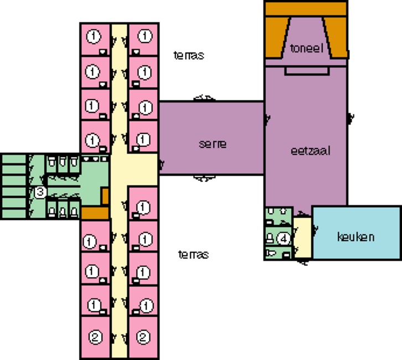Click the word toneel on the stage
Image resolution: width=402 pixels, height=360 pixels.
(306, 49)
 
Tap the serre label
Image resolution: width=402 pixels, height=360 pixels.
(213, 144)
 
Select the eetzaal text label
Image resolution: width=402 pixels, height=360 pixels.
(310, 151)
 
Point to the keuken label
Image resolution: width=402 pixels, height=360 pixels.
(355, 237)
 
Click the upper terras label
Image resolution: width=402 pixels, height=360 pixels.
(189, 55)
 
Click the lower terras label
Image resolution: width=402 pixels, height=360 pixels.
(193, 254)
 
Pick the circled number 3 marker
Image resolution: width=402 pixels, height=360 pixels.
(40, 192)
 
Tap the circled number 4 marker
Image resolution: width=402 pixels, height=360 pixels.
(284, 239)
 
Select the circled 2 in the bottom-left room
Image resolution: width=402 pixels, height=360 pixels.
(95, 337)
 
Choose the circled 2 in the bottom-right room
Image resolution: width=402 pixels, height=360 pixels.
(143, 336)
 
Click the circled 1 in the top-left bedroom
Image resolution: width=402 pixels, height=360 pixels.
(94, 36)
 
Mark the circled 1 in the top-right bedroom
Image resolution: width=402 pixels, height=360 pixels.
(145, 36)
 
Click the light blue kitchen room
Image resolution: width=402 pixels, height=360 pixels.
(357, 233)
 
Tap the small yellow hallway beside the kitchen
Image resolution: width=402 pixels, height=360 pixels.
(302, 238)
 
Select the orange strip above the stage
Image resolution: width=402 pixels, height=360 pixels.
(306, 9)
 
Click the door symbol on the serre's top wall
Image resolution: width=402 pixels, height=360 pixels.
(204, 98)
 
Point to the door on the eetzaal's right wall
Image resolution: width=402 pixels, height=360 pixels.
(351, 118)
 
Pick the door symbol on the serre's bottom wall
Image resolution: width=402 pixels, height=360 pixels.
(204, 178)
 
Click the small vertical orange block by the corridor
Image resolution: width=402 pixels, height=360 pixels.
(105, 196)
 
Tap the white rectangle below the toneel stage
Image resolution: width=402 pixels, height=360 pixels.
(307, 71)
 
